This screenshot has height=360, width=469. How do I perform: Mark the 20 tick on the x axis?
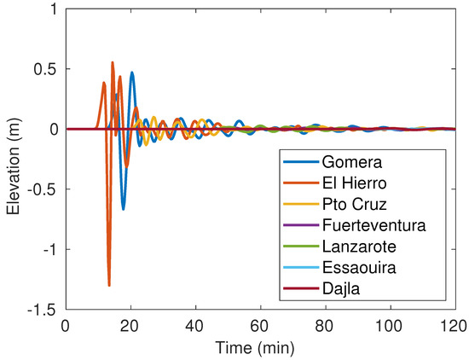pyautogui.click(x=130, y=326)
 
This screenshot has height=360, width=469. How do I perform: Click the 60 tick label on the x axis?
pyautogui.click(x=260, y=326)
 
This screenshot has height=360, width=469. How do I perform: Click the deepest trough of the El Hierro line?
pyautogui.click(x=109, y=285)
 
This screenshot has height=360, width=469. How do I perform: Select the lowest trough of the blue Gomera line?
pyautogui.click(x=123, y=209)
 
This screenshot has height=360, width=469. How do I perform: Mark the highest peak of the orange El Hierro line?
pyautogui.click(x=112, y=62)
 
